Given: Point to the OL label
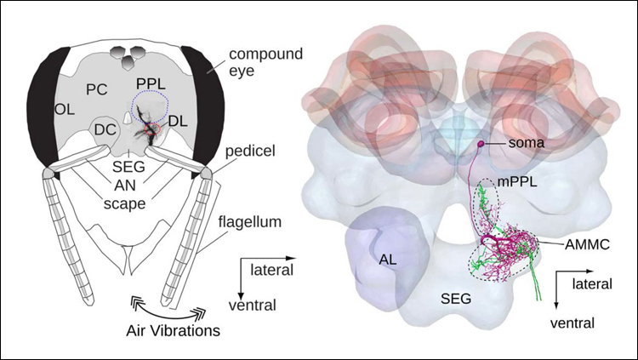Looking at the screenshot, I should point(65,110).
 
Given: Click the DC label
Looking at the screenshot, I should point(105,130).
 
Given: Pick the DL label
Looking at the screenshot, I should point(178,122).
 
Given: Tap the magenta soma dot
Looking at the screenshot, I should point(480,144).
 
